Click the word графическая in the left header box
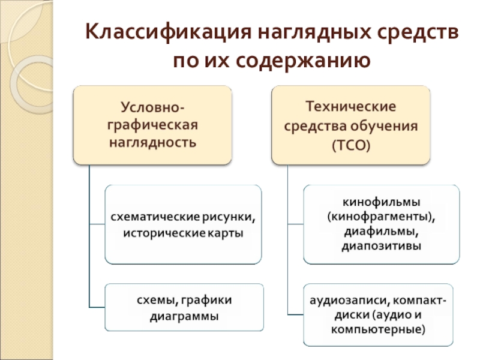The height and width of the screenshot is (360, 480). pos(152,125)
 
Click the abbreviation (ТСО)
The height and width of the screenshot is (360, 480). pos(351,146)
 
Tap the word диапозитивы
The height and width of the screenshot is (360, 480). pos(381,245)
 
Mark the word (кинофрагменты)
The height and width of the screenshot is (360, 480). pos(381,216)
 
